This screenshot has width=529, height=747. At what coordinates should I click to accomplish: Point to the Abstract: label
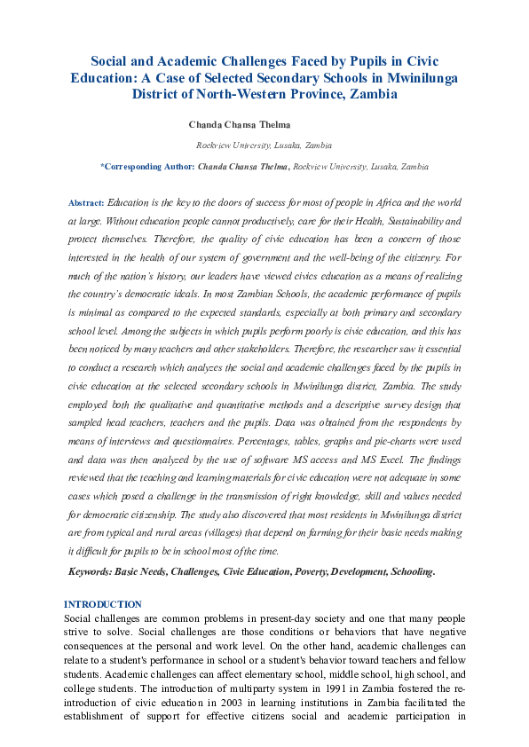point(86,203)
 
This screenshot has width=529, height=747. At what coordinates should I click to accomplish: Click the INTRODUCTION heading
point(103,604)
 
